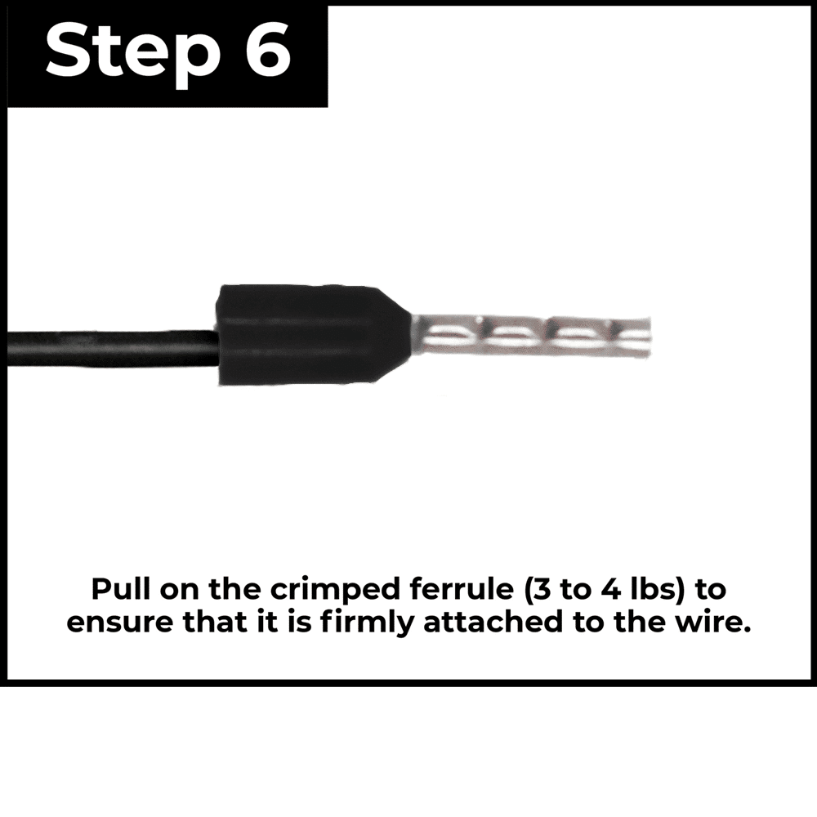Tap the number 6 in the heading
tap(268, 51)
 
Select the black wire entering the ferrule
tap(112, 347)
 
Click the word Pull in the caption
tap(122, 589)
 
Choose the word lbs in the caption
tap(654, 589)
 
